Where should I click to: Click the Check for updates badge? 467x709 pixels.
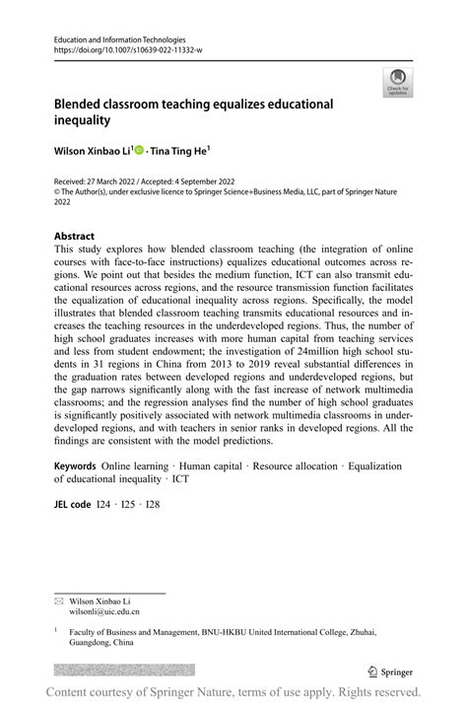click(398, 82)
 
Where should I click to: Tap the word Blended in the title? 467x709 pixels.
click(83, 104)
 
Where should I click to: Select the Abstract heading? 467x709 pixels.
click(75, 237)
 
